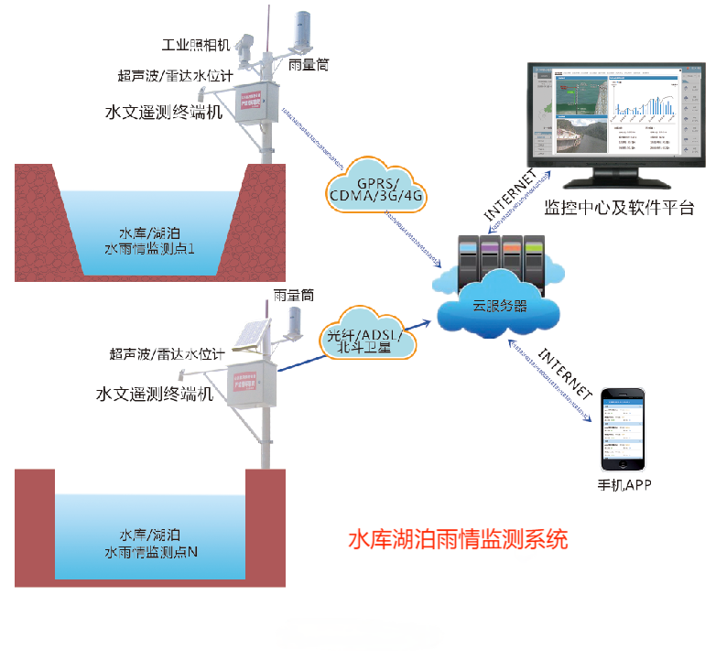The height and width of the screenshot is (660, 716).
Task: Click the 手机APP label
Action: (624, 484)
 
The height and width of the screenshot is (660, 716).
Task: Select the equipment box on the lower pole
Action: (254, 378)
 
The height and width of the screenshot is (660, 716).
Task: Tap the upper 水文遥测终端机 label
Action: (164, 113)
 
